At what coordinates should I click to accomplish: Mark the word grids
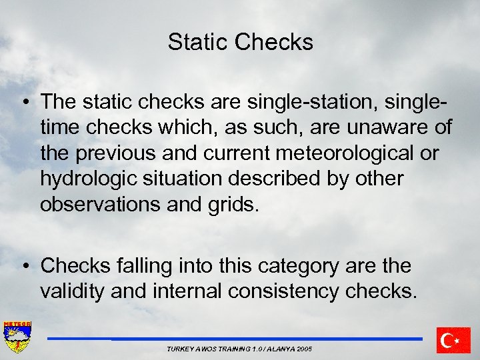(229, 204)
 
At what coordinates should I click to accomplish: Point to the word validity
(79, 291)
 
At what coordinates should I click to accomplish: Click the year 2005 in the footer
(303, 349)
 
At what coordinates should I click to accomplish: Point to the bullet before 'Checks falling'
(24, 266)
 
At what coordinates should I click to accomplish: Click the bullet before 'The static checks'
(24, 102)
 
